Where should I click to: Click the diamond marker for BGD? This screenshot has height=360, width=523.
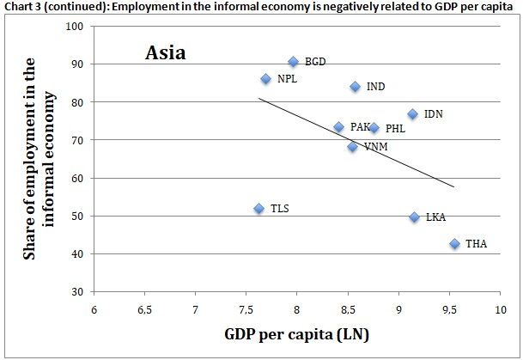tap(293, 62)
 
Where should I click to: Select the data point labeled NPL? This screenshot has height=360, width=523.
tap(266, 79)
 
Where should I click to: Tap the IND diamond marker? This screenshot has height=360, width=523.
tap(355, 87)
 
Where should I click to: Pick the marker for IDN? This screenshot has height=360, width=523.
tap(412, 113)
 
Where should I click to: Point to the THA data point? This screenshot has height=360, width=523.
tap(454, 244)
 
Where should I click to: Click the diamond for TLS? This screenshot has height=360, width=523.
tap(258, 208)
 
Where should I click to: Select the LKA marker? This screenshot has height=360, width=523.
tap(414, 217)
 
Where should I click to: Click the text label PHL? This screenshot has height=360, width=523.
tap(395, 129)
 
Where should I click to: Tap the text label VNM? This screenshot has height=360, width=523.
tap(375, 147)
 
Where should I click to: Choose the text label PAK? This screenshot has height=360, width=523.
tap(360, 127)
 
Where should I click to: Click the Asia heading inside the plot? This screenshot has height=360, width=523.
tap(165, 53)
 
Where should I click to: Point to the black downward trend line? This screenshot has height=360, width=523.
tap(356, 143)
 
